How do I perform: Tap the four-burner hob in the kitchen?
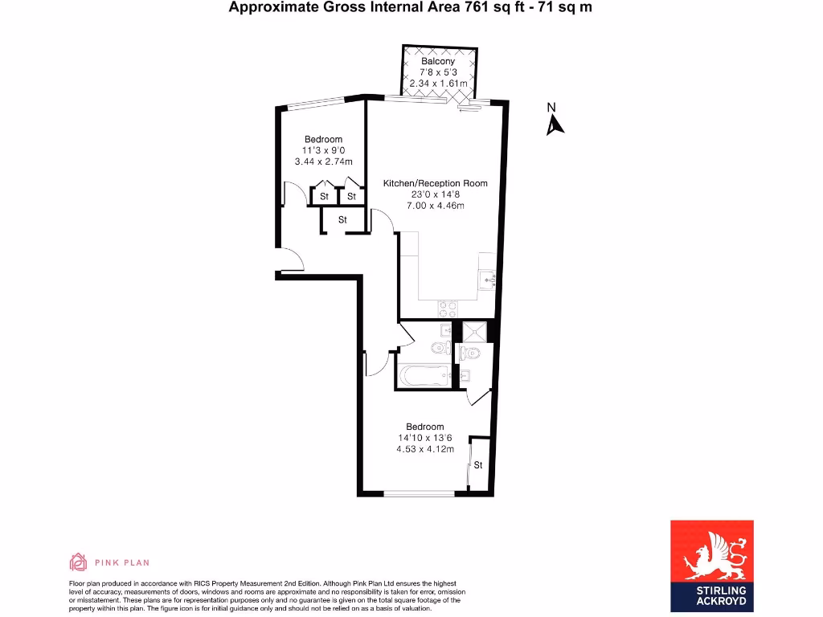[448, 307]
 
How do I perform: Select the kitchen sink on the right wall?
[488, 280]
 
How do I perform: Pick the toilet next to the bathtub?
[439, 347]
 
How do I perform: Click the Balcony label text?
[438, 61]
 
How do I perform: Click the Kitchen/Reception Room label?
[435, 183]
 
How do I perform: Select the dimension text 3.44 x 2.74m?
[324, 162]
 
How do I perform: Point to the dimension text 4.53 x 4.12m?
[425, 449]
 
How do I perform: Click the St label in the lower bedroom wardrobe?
[477, 465]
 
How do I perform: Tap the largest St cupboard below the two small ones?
[342, 219]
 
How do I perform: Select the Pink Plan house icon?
[78, 562]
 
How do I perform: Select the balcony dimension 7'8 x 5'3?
[438, 72]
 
